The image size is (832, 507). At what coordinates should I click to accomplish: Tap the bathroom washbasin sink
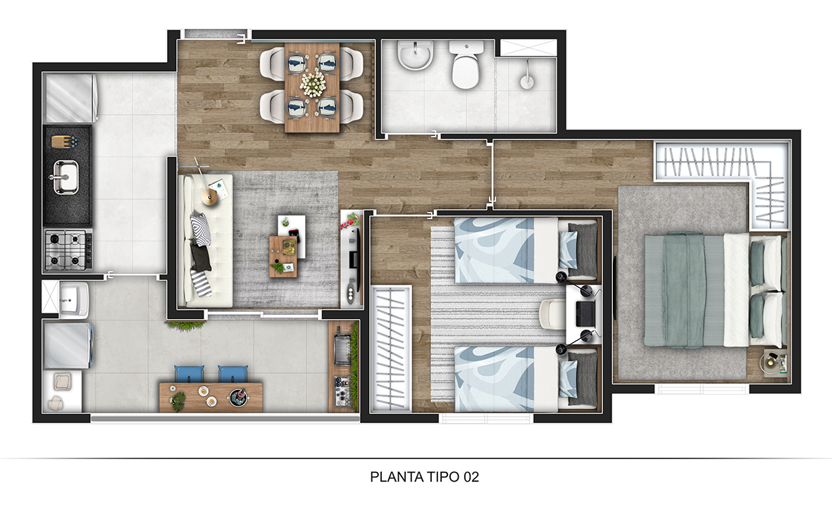click(x=415, y=56)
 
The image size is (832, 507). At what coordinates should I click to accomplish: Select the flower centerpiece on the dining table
click(x=312, y=84)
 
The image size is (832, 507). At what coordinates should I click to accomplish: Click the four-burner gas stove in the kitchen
click(x=68, y=249)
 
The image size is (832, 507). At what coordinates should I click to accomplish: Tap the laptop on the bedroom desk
click(x=585, y=313)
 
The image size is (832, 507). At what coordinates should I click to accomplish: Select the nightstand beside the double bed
click(x=776, y=362)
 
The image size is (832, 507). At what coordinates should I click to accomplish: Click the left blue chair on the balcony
click(x=188, y=374)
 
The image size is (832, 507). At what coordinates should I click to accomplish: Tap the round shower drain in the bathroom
click(x=526, y=82)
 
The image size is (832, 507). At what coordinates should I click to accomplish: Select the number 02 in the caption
click(x=471, y=477)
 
